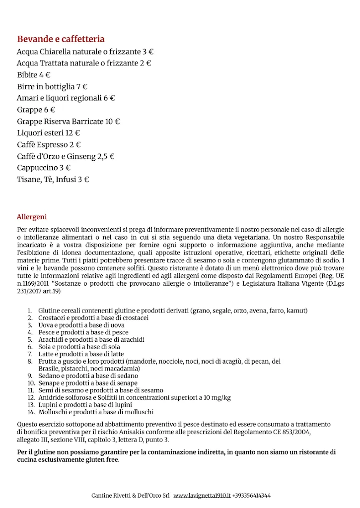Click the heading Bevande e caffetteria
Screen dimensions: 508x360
61,39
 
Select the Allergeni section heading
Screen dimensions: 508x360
32,217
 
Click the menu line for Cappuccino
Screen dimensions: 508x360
44,168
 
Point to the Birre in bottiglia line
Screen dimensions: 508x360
52,86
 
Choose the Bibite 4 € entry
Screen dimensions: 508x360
34,75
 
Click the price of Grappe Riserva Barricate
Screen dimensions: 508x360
113,122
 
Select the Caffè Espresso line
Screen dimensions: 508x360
49,144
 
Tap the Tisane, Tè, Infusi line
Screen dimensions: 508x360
53,180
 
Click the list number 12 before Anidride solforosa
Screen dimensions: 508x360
31,398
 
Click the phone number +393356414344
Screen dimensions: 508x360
251,496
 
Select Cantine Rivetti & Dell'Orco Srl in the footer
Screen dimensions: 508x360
131,496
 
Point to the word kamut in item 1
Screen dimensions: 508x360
296,311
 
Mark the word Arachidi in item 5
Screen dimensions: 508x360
50,340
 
